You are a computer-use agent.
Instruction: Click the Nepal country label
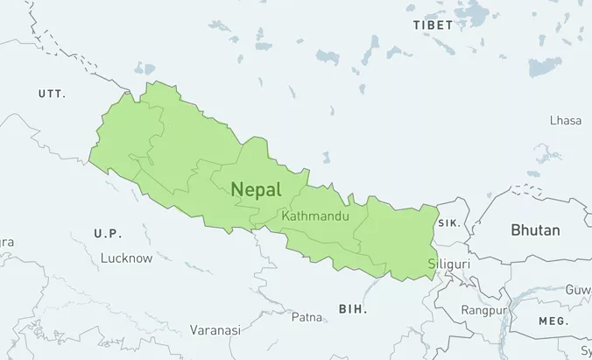[257, 189]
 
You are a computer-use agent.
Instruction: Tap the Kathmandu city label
[316, 215]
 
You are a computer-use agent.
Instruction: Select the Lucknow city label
[126, 258]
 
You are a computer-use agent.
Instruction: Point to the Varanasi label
[215, 330]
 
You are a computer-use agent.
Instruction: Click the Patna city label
[307, 316]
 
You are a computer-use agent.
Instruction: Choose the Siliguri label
[449, 263]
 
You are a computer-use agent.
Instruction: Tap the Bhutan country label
[535, 230]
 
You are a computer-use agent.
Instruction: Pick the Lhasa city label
[566, 120]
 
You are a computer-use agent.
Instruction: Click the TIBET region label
[433, 25]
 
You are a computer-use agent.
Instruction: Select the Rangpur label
[485, 310]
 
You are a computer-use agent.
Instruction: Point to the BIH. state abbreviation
[353, 309]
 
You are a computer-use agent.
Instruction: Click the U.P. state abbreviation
[108, 233]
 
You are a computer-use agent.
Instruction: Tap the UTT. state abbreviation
[53, 93]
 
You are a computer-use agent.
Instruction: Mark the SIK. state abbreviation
[449, 223]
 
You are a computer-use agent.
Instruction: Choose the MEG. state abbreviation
[553, 321]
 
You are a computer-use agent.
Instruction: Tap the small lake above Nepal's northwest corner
[144, 68]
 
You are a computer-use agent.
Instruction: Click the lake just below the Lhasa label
[549, 156]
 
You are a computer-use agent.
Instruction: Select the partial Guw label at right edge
[578, 289]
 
